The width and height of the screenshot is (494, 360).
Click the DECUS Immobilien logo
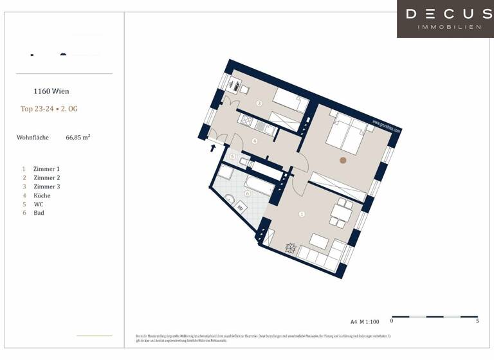point(445,19)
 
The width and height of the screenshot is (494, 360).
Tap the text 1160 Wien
point(51,91)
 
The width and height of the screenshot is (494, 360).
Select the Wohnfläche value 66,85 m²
point(78,137)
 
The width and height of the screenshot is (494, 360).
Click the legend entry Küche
point(42,195)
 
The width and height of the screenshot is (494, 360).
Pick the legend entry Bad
point(39,213)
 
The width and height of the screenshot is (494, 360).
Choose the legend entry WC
point(38,204)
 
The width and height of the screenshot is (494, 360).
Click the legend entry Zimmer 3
point(46,186)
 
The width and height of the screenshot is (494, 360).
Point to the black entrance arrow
point(214,148)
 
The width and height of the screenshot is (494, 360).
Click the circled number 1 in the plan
point(302,214)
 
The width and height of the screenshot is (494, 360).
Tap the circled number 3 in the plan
point(259,103)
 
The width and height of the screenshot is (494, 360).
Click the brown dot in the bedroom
point(343,160)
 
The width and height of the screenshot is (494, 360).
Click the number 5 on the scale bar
point(477,320)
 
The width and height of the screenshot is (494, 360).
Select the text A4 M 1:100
point(366,321)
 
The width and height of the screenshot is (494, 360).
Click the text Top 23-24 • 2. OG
point(49,109)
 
